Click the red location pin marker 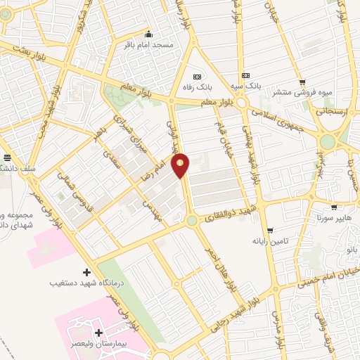181,165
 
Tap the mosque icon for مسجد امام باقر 148,34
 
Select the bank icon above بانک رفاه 197,76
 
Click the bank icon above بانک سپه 245,75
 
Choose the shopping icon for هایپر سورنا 333,207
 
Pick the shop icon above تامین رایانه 271,231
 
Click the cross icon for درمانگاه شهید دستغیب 86,272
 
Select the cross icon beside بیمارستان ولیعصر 98,332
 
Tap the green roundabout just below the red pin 191,221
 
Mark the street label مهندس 153,209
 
